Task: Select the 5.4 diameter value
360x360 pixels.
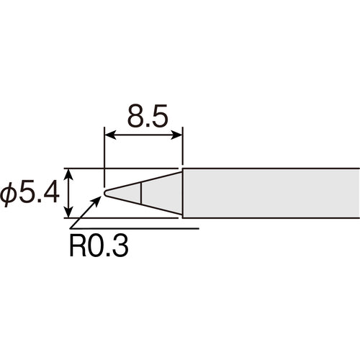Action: (x=37, y=193)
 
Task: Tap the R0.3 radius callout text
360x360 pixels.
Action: (x=99, y=248)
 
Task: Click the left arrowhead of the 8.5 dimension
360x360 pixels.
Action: (x=109, y=134)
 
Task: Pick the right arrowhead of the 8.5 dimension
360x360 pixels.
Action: (x=177, y=134)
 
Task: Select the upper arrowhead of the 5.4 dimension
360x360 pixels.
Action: (x=69, y=174)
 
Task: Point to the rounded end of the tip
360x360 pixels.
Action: (x=106, y=193)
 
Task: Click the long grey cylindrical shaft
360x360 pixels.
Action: (x=270, y=193)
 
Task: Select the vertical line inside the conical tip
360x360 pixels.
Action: (x=141, y=193)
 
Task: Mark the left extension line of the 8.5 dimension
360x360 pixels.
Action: (x=105, y=155)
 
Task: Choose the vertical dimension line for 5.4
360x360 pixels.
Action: (x=69, y=193)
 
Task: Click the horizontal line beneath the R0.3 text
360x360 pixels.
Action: (x=130, y=229)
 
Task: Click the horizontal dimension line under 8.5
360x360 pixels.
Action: (x=143, y=134)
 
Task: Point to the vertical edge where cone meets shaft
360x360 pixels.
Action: (x=182, y=193)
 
